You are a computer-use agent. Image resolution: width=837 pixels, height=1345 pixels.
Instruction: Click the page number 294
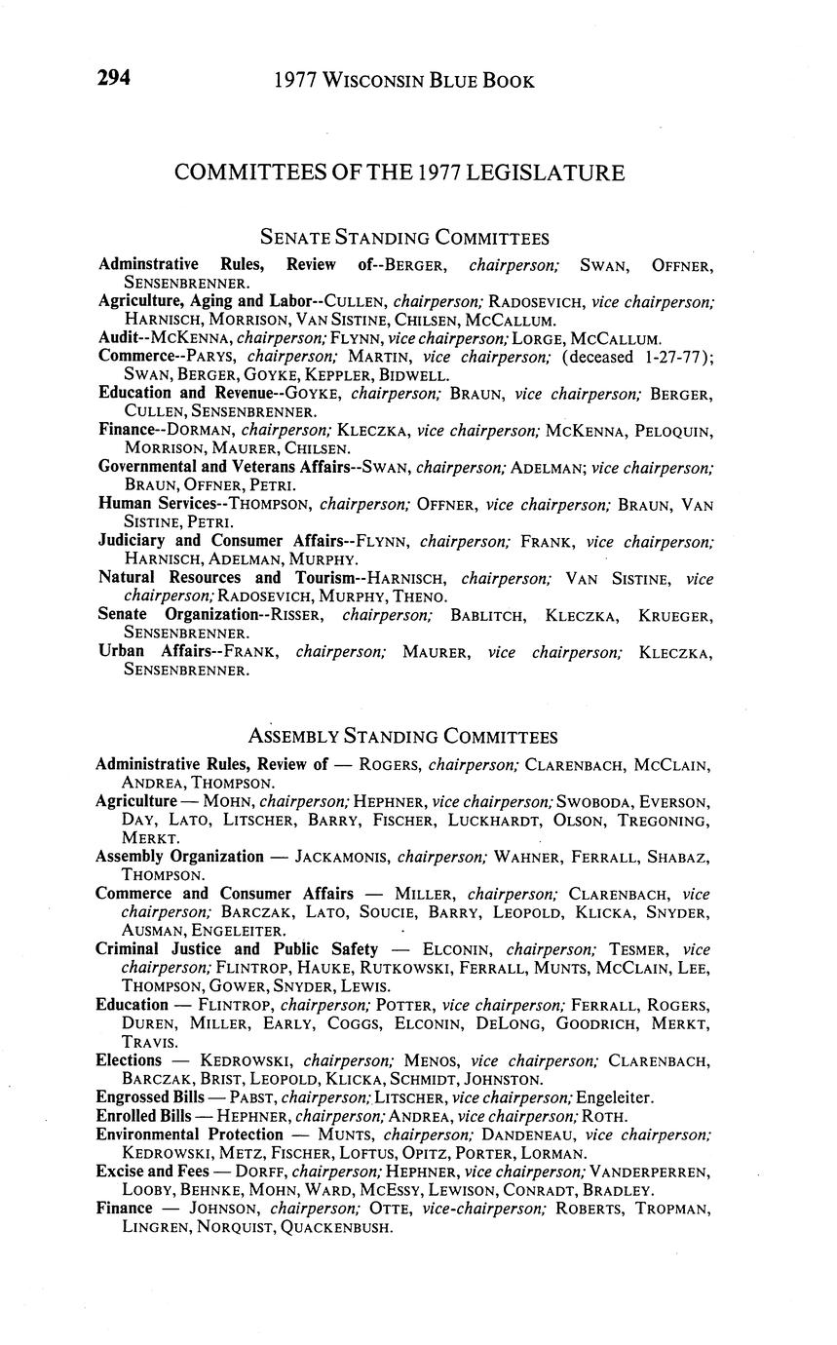(x=114, y=79)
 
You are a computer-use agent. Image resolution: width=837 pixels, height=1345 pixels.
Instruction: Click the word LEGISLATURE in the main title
(x=545, y=173)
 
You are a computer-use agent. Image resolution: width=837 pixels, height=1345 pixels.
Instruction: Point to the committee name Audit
(x=118, y=338)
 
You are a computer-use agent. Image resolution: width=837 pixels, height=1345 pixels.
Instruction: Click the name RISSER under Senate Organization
(x=303, y=616)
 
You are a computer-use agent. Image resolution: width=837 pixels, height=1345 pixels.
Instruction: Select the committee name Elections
(x=129, y=1060)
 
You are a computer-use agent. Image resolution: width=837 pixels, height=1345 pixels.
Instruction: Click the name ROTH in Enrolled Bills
(x=604, y=1116)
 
